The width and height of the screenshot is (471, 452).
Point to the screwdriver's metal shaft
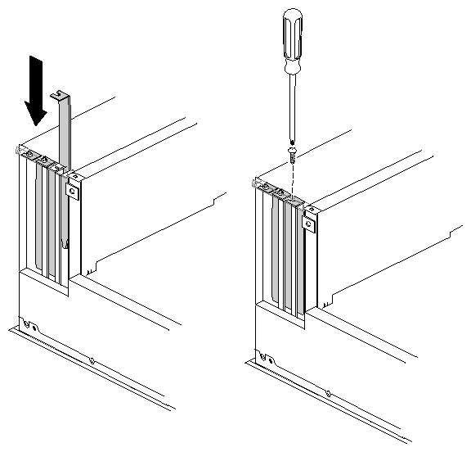coord(292,102)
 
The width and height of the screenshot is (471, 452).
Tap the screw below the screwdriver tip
coord(291,152)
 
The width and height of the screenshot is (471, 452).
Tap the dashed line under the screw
coord(292,174)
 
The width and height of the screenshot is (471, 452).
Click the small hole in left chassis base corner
coord(29,324)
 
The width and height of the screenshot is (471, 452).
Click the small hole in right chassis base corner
coord(265,355)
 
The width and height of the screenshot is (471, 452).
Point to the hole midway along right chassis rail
coord(328,391)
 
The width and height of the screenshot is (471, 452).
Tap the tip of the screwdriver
coord(292,139)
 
